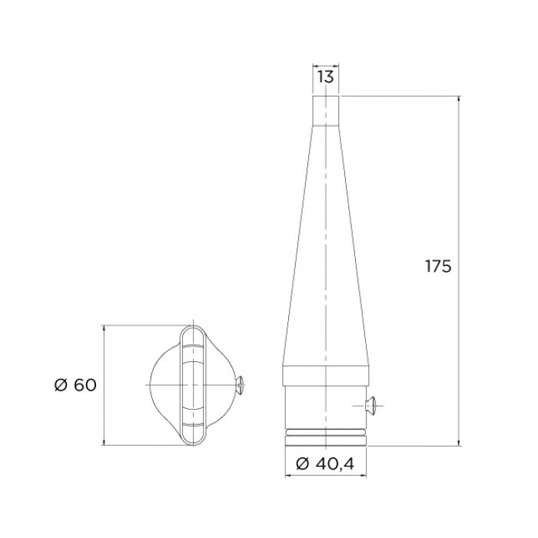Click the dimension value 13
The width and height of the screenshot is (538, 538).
325,77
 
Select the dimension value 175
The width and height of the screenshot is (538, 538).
438,266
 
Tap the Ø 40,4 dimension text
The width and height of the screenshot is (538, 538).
325,464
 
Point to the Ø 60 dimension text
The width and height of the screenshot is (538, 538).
75,385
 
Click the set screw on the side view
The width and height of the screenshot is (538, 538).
370,406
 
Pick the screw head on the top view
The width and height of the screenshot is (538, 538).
241,385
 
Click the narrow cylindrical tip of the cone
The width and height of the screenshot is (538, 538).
326,111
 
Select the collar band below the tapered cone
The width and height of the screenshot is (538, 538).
326,377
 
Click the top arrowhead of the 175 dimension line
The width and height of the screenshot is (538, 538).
459,100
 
